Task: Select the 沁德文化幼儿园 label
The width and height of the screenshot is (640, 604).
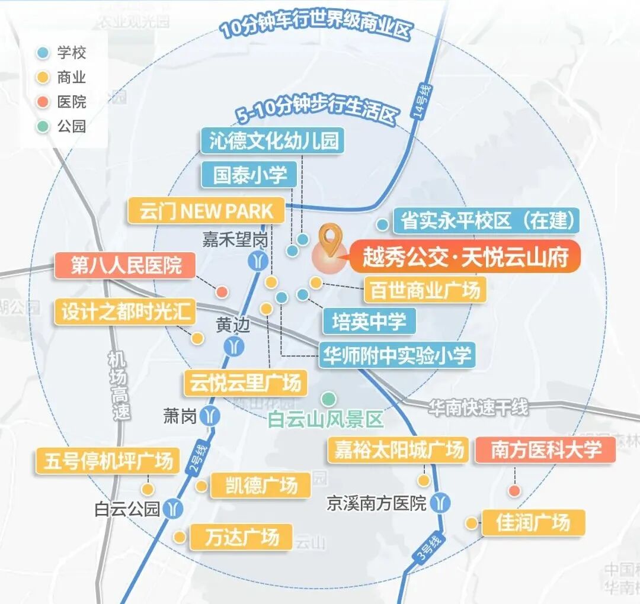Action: [x=273, y=141]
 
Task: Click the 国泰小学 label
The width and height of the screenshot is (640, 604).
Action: [x=249, y=175]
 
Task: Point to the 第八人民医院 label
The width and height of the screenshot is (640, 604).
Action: [x=126, y=265]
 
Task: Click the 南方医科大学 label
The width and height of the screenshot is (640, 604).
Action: [x=545, y=450]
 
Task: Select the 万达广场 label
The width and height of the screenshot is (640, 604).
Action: [x=242, y=537]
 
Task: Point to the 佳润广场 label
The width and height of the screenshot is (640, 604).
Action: [x=533, y=523]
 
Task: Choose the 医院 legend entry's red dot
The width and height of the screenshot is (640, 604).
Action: [x=42, y=101]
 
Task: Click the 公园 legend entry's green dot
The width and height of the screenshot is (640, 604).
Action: [x=42, y=126]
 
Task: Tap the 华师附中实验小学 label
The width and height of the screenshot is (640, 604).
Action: [x=396, y=356]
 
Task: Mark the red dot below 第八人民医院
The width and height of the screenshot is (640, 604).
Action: [x=222, y=292]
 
